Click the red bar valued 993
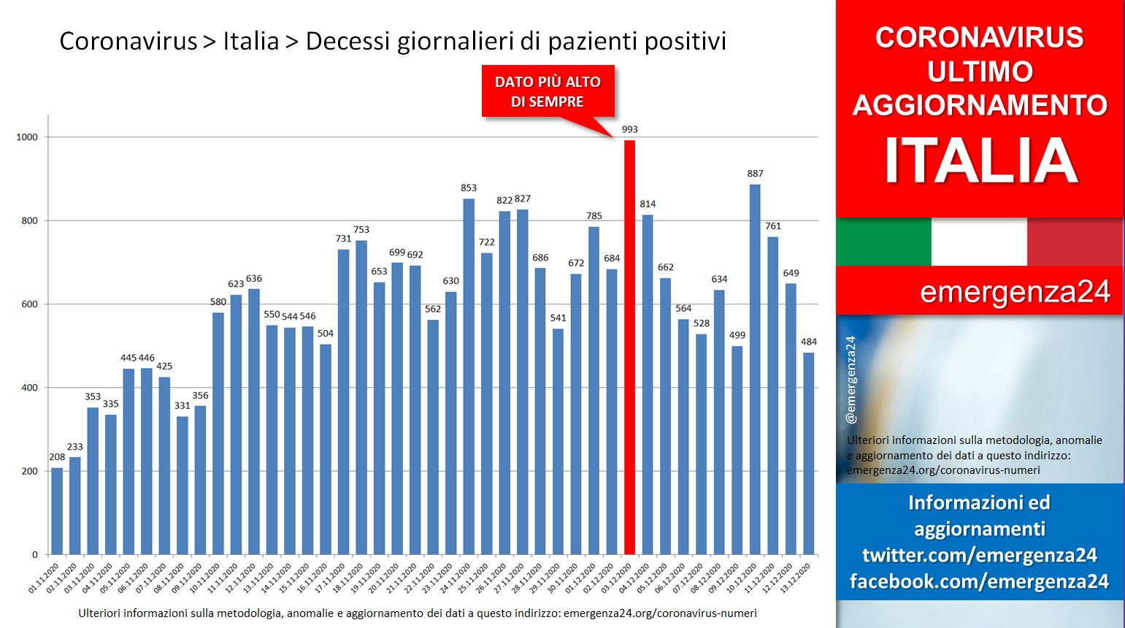pyautogui.click(x=629, y=347)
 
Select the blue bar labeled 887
pyautogui.click(x=755, y=369)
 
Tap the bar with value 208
pyautogui.click(x=57, y=511)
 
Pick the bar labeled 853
pyautogui.click(x=469, y=377)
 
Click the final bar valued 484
pyautogui.click(x=809, y=453)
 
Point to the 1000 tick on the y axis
pyautogui.click(x=27, y=137)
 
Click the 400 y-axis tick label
pyautogui.click(x=30, y=388)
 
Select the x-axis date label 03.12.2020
pyautogui.click(x=615, y=578)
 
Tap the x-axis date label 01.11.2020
pyautogui.click(x=43, y=578)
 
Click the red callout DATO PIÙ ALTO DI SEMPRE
pyautogui.click(x=548, y=91)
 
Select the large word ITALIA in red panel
pyautogui.click(x=980, y=161)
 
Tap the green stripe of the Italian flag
pyautogui.click(x=884, y=242)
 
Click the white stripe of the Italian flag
pyautogui.click(x=979, y=242)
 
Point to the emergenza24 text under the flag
pyautogui.click(x=1015, y=292)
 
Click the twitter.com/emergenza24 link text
pyautogui.click(x=979, y=555)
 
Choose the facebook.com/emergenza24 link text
pyautogui.click(x=979, y=581)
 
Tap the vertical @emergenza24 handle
pyautogui.click(x=851, y=380)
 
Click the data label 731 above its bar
pyautogui.click(x=344, y=239)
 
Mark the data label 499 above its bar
pyautogui.click(x=737, y=335)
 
